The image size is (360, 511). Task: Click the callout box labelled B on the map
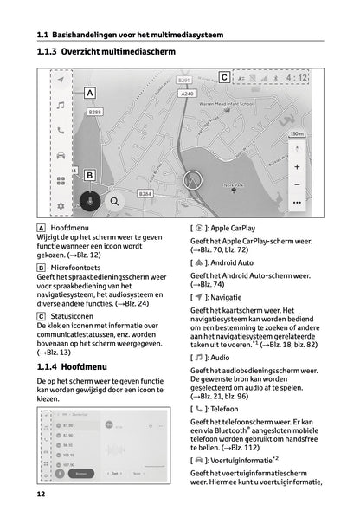coord(89,175)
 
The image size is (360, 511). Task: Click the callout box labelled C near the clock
coord(224,77)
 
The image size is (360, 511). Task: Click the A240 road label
coord(185,92)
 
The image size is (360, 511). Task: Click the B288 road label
coord(95,112)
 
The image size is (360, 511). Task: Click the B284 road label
coord(145,194)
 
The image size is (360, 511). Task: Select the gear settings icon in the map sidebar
coord(61,206)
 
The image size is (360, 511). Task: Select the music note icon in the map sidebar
coord(61,105)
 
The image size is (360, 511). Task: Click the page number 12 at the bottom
coord(41,494)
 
